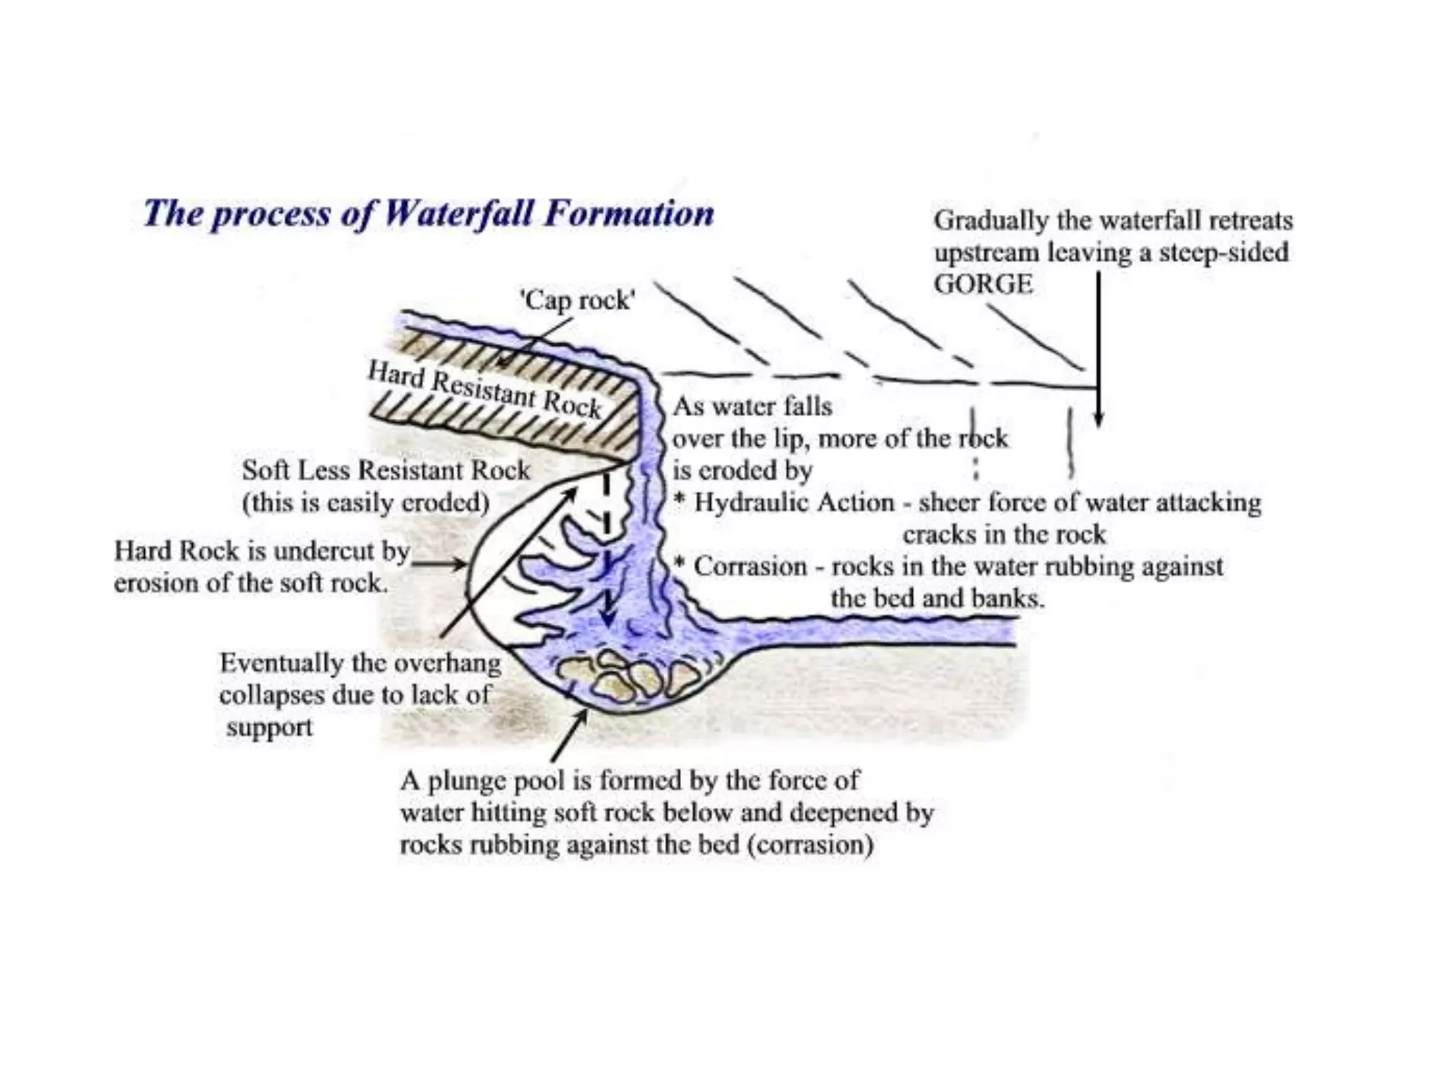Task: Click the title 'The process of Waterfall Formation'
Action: [428, 213]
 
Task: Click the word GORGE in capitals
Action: [983, 284]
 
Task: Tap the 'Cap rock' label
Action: [578, 301]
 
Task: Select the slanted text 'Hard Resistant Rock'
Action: [485, 389]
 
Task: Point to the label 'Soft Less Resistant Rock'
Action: [386, 470]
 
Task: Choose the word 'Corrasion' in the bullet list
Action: [750, 567]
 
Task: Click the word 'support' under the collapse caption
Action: [269, 727]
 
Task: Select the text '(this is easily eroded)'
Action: [365, 503]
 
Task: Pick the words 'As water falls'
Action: [752, 407]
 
